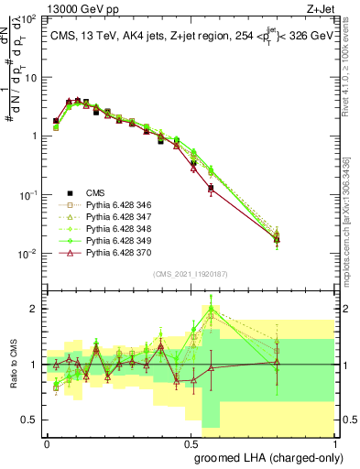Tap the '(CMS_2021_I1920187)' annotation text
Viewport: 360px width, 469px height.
[x=189, y=274]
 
